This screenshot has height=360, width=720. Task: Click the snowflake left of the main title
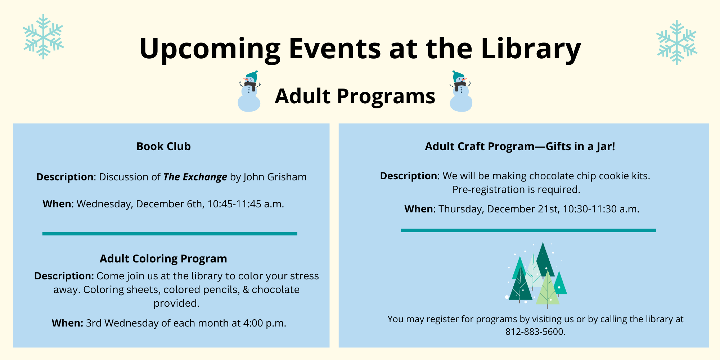pos(43,37)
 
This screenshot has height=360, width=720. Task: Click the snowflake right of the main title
pos(677,42)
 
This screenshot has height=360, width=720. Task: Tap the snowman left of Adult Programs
pos(249,91)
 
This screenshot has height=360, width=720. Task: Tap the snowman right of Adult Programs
pos(461,91)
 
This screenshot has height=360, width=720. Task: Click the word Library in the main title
pos(531,49)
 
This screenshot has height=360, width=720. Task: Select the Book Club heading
pos(163,147)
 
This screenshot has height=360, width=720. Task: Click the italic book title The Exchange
pos(195,177)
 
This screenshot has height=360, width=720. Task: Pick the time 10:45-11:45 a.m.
pos(246,204)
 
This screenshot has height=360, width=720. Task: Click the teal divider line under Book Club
pos(170,234)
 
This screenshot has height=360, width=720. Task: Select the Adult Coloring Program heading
pos(163,259)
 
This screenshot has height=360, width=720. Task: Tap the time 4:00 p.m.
pos(265,323)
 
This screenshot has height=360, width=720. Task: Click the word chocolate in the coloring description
pos(275,290)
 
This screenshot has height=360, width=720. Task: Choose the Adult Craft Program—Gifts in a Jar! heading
pos(520,147)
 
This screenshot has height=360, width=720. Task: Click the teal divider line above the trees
pos(528,230)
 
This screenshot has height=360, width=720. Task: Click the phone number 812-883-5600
pos(535,332)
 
